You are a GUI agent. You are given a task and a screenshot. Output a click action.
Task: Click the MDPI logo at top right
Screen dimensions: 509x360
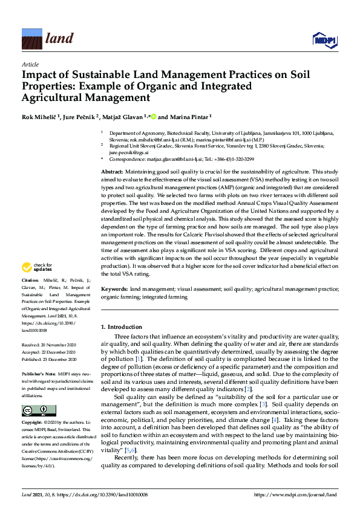324,40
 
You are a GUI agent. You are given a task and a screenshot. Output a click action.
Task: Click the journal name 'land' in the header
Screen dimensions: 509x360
60,39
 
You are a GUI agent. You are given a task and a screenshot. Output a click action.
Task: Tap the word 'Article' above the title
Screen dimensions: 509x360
30,64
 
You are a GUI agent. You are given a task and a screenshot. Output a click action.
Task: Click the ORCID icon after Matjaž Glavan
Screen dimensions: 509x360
154,117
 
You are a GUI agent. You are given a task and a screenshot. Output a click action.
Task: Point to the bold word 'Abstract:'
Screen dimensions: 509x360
113,172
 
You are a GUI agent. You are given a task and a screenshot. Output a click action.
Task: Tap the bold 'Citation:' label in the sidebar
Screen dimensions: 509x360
31,281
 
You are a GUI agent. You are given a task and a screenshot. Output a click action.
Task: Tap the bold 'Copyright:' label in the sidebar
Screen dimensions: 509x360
33,424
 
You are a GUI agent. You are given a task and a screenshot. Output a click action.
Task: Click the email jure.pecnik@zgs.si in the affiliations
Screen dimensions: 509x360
123,152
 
